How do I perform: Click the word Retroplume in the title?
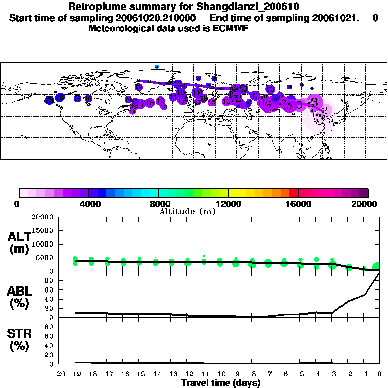pyautogui.click(x=94, y=7)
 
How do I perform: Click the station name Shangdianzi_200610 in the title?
pyautogui.click(x=250, y=7)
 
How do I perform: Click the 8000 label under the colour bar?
pyautogui.click(x=159, y=204)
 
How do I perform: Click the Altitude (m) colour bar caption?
pyautogui.click(x=187, y=211)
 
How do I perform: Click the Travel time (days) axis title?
pyautogui.click(x=221, y=383)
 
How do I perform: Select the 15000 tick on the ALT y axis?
pyautogui.click(x=42, y=230)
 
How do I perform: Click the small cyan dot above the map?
pyautogui.click(x=157, y=67)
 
